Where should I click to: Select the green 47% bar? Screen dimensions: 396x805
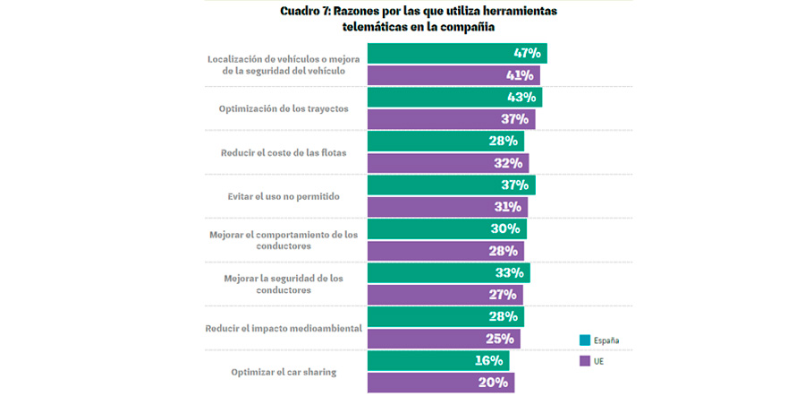click(x=456, y=54)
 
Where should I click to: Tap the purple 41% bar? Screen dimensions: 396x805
click(x=453, y=76)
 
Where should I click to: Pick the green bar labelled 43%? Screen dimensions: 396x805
click(x=453, y=98)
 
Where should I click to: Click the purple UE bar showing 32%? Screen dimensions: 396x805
click(x=447, y=163)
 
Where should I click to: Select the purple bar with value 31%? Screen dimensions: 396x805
click(x=447, y=207)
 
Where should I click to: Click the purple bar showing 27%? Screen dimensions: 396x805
click(x=445, y=295)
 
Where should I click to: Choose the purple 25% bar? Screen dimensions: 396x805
click(x=442, y=339)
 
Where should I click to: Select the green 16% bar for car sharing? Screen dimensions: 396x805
click(x=437, y=360)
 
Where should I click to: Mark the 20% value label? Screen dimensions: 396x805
click(x=493, y=383)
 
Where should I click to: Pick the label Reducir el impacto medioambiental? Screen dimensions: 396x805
click(x=283, y=328)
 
